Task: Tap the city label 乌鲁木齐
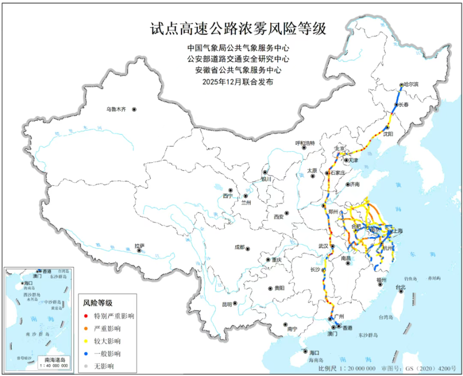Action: point(116,110)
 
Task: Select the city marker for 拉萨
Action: point(140,251)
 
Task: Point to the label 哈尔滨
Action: point(411,84)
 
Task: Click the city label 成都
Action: point(240,247)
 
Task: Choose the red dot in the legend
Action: point(85,316)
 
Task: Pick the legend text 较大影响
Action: point(108,341)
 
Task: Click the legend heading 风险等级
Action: point(98,303)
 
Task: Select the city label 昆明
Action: point(227,305)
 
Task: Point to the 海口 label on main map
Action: point(314,353)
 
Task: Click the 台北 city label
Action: point(400,288)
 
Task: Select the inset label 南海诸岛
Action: point(54,360)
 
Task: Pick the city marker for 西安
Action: point(286,213)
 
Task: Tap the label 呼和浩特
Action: point(305,143)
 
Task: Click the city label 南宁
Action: point(291,329)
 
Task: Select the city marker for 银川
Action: point(265,172)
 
